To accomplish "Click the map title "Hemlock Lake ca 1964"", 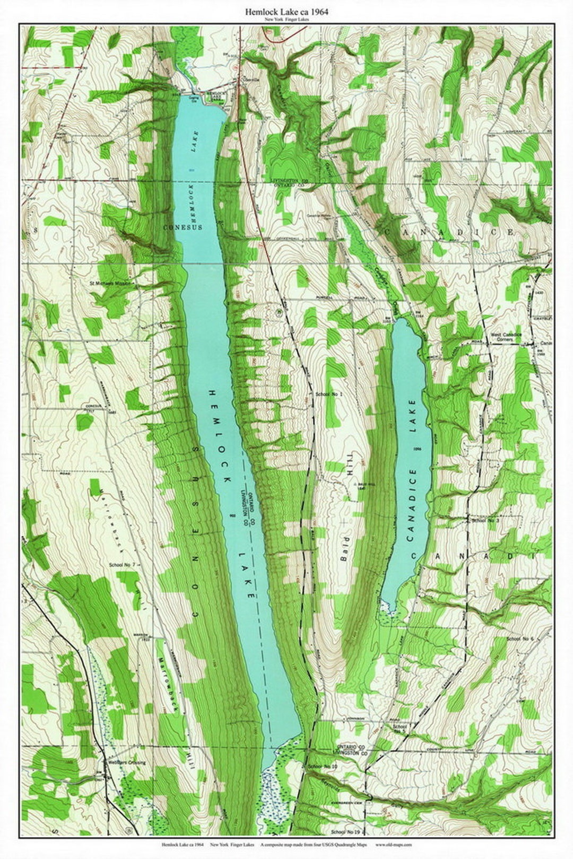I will point(286,11).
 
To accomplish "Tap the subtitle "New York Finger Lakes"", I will point(286,20).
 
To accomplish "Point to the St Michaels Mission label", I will point(111,284).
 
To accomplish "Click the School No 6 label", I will point(520,639).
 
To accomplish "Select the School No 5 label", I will point(401,729).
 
